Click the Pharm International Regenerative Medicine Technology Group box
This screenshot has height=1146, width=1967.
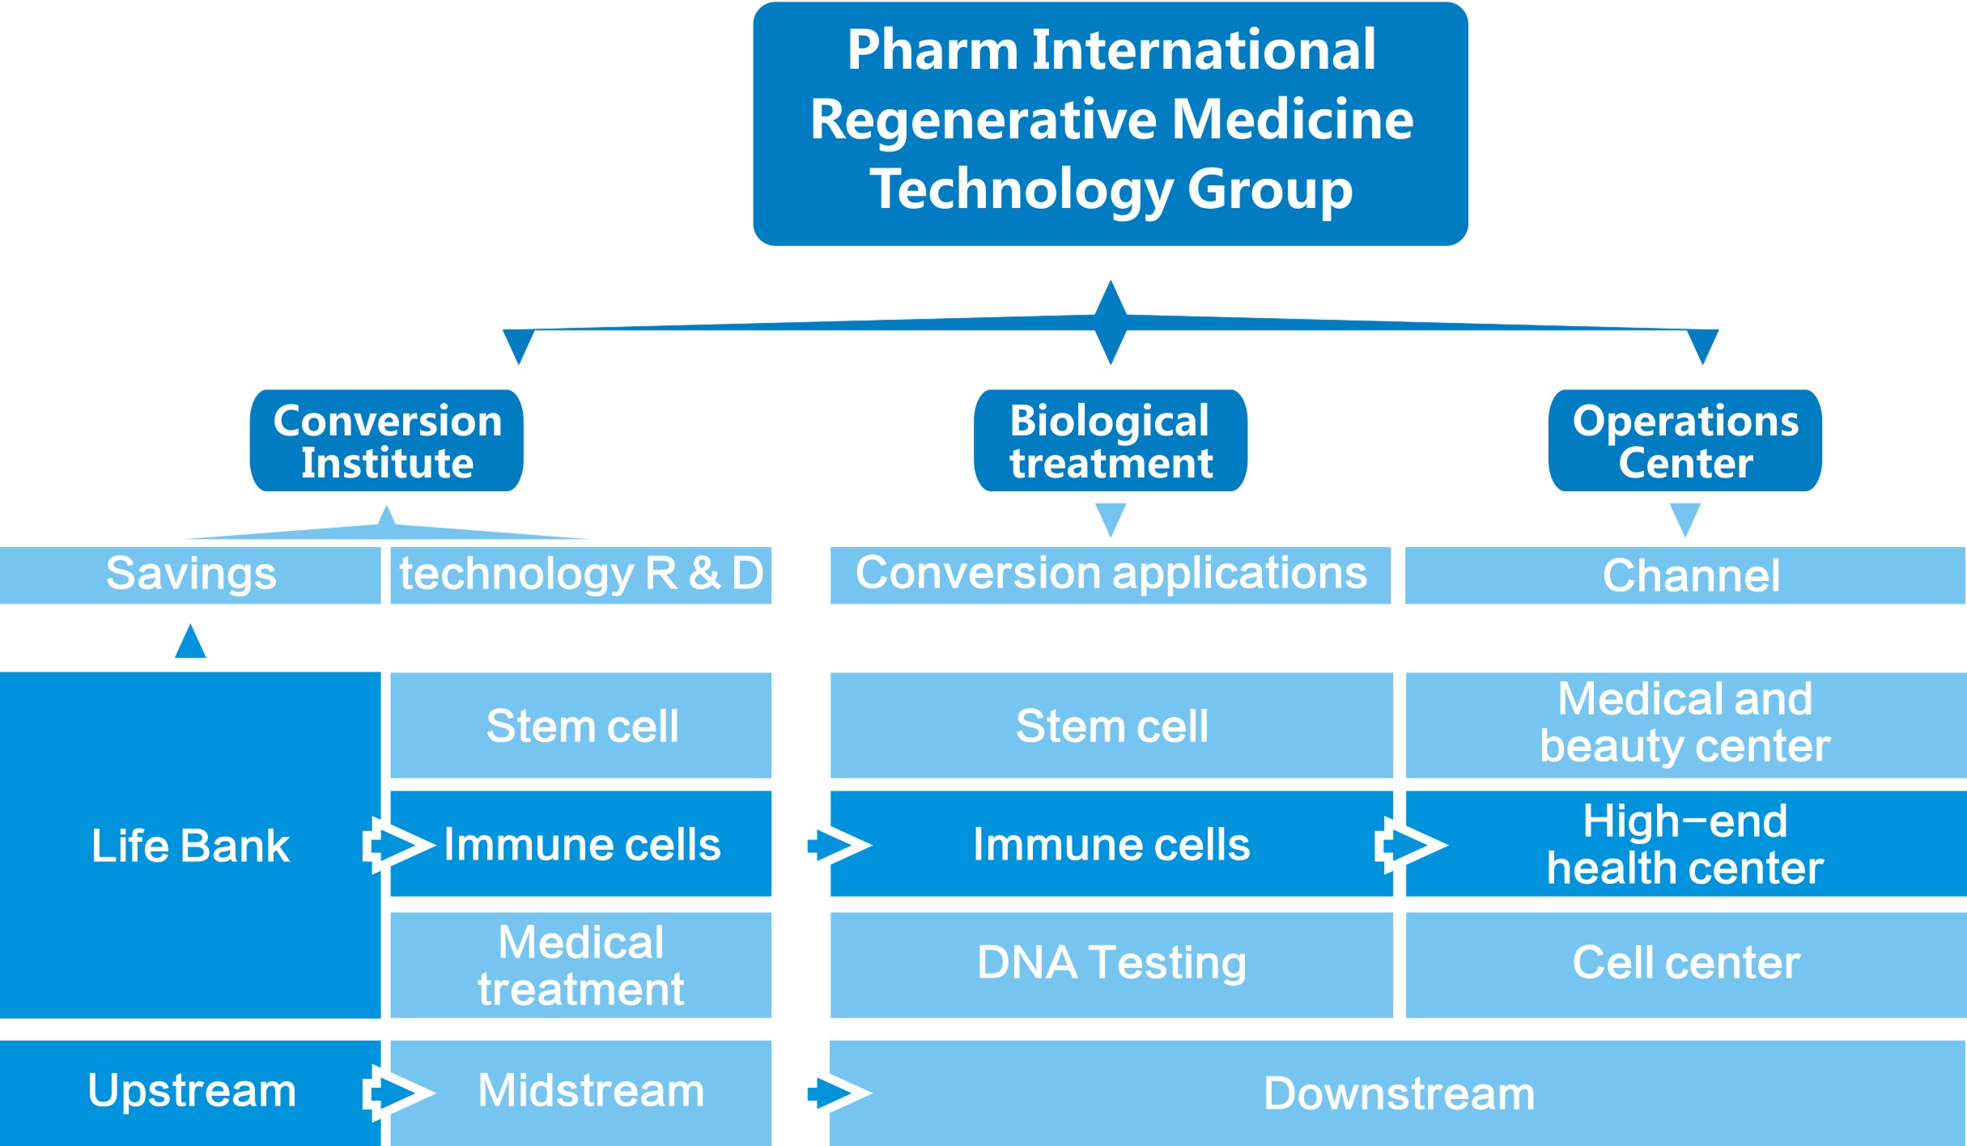point(1110,123)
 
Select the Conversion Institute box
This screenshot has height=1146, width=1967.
point(387,441)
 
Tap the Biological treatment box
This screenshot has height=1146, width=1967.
point(1110,441)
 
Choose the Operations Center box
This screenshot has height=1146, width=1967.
point(1685,441)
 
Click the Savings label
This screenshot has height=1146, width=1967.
point(191,575)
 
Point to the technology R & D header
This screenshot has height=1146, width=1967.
point(580,575)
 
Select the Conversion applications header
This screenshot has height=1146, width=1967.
point(1110,575)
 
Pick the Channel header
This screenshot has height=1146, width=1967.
point(1690,575)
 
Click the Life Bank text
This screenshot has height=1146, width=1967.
point(190,847)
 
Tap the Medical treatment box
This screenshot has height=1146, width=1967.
point(580,966)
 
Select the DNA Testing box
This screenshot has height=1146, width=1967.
point(1111,964)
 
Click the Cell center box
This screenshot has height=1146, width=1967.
point(1686,964)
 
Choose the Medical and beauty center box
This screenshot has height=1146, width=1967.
point(1685,724)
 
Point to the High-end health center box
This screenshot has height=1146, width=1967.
point(1685,844)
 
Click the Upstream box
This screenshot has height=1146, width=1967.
point(191,1092)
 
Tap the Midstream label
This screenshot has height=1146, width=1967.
point(591,1092)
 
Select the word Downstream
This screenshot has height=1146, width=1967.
point(1399,1095)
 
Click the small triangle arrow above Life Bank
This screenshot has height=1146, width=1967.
point(190,642)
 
